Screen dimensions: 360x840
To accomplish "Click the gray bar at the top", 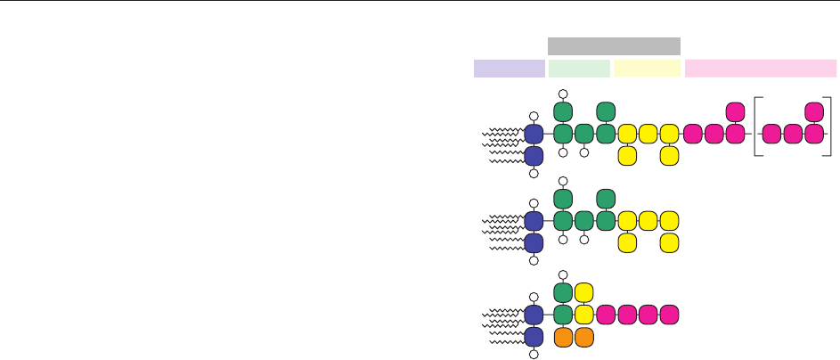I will point(614,46).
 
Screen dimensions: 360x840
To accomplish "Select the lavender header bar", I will point(510,69).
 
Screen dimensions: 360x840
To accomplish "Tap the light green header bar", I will point(580,69).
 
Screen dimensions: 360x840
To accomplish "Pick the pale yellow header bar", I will point(648,69).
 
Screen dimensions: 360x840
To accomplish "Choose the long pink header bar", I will point(761,69).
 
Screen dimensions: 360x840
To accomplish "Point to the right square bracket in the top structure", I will point(829,134).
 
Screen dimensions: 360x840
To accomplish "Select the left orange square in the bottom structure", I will point(563,338).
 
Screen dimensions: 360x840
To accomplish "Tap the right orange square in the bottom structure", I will point(584,338).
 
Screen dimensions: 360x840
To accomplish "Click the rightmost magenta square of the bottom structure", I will point(670,315).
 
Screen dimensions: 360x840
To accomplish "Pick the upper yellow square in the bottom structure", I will point(584,292).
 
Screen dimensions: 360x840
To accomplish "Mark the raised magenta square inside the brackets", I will point(813,112).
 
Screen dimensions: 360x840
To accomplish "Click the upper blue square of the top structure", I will point(534,135).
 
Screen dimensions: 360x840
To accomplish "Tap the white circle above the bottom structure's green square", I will point(563,274).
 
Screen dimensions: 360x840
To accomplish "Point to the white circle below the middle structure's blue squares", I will point(534,261).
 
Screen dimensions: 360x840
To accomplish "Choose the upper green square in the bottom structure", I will point(563,292).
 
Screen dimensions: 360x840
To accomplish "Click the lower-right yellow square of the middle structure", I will point(670,242).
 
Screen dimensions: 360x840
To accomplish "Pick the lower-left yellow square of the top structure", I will point(627,156).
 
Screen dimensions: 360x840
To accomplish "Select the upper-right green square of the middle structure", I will point(606,199).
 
